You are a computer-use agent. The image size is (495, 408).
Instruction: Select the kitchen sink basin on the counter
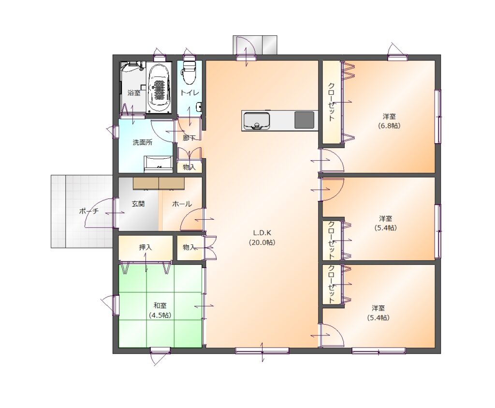click(x=256, y=121)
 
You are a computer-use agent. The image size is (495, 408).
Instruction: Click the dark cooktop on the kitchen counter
click(x=305, y=120)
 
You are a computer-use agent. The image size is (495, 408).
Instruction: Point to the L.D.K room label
click(x=262, y=238)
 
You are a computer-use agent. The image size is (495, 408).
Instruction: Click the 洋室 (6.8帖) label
click(x=389, y=121)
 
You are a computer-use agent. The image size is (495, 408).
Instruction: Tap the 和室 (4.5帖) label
click(x=160, y=310)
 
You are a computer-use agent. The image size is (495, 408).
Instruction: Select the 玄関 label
click(x=138, y=204)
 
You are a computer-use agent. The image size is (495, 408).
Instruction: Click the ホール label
click(x=182, y=204)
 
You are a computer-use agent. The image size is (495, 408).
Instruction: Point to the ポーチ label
click(x=89, y=211)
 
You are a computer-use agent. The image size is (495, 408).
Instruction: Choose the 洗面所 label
click(x=143, y=142)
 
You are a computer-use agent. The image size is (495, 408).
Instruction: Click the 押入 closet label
click(x=145, y=247)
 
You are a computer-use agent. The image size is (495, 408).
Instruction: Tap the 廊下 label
click(x=189, y=138)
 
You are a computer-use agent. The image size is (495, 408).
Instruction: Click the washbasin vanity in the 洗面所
click(x=159, y=164)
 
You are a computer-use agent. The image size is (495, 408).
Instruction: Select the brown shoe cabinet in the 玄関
click(x=159, y=183)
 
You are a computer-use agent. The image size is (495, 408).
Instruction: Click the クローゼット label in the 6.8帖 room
click(x=331, y=102)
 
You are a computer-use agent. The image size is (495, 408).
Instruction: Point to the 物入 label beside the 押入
click(x=189, y=247)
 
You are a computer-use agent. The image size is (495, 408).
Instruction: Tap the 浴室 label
click(x=134, y=93)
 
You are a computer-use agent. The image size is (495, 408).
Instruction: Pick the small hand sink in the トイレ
click(x=199, y=106)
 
